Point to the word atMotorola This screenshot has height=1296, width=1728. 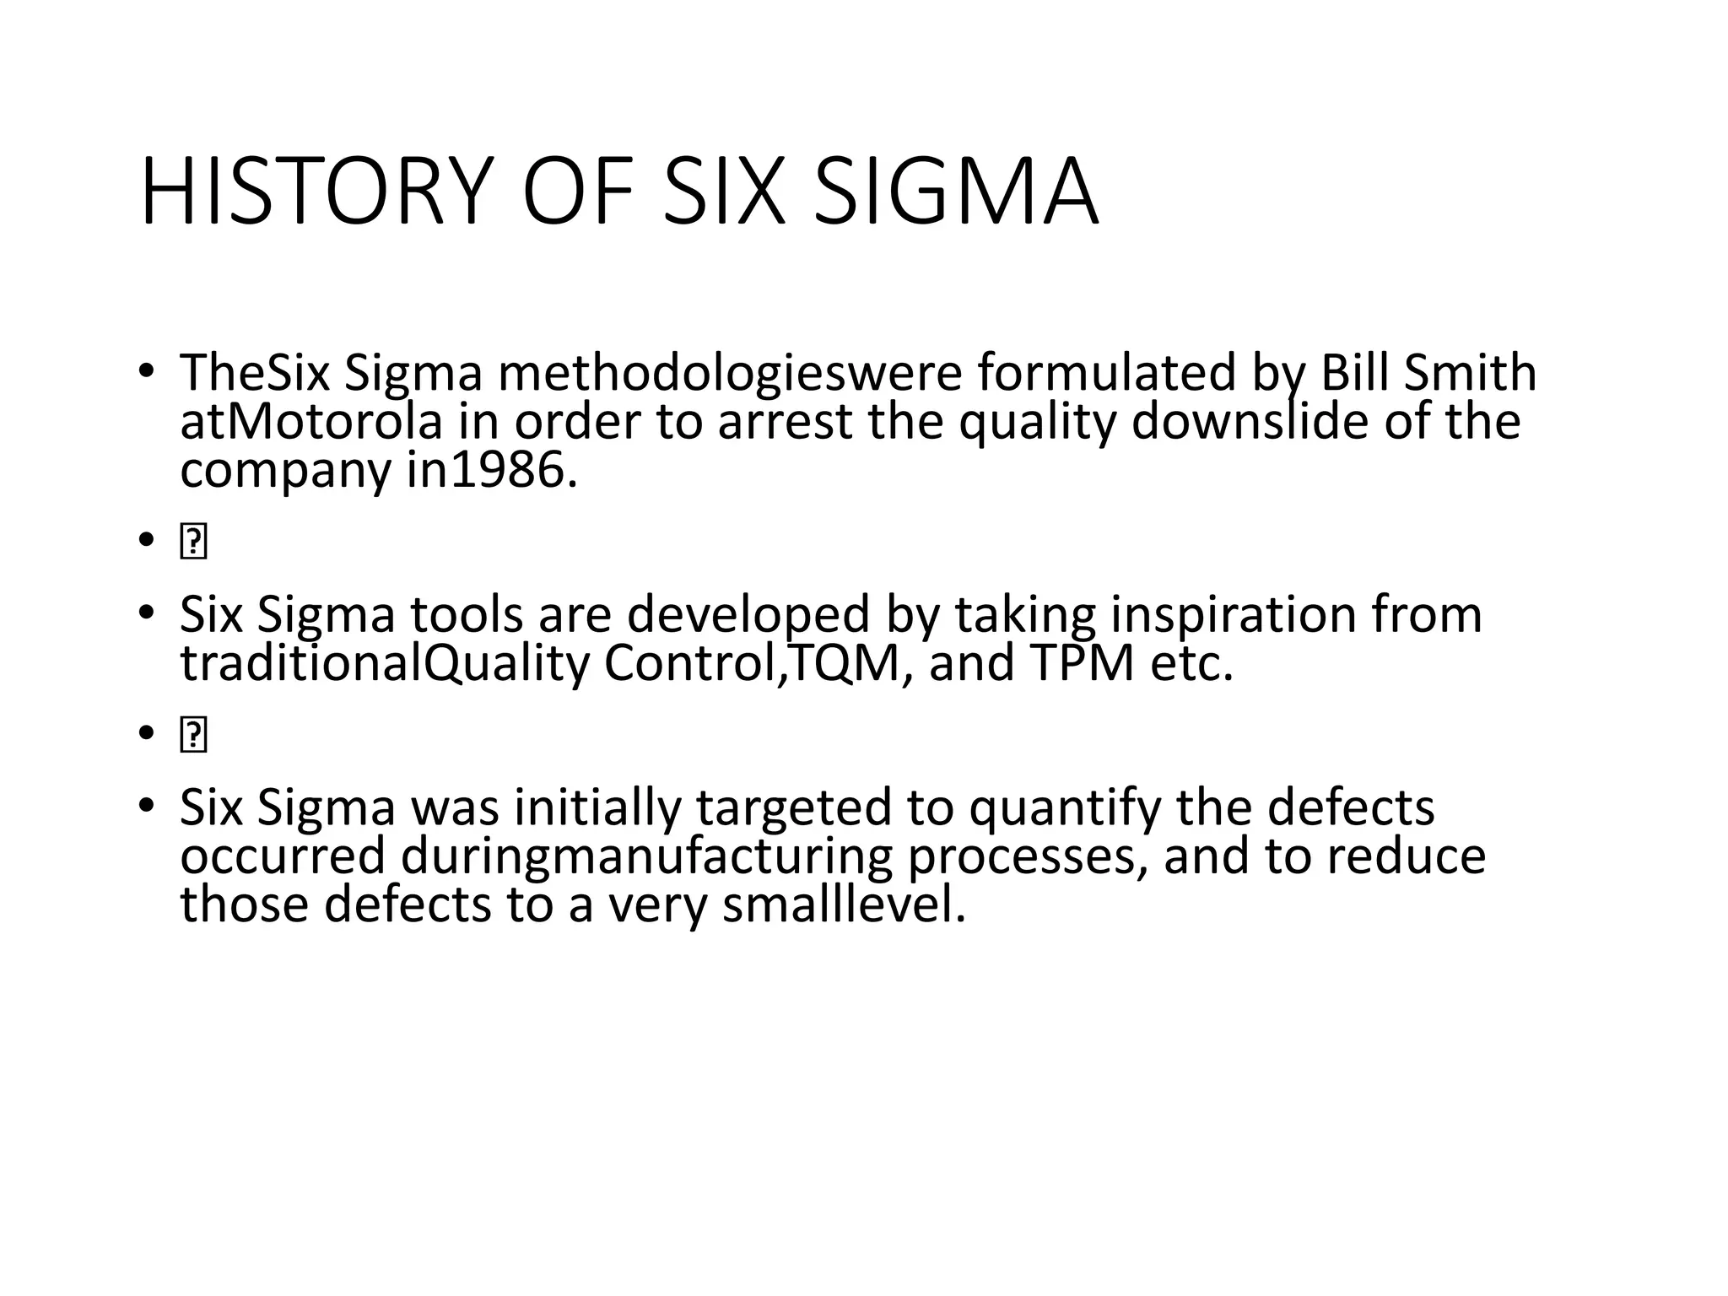(x=310, y=422)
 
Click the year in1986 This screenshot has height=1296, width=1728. (x=492, y=471)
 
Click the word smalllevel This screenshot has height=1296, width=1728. (x=844, y=904)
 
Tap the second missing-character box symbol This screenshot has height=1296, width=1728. (x=193, y=736)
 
